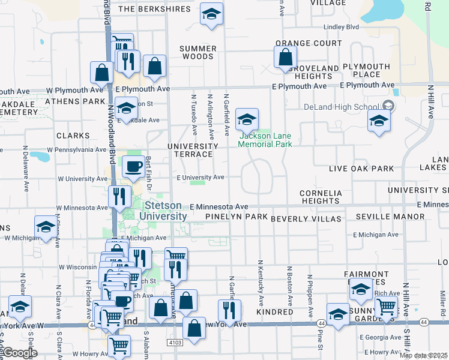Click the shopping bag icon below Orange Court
tap(286, 58)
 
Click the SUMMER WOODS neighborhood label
tap(197, 53)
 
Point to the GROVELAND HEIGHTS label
tap(313, 72)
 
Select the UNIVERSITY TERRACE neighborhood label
tap(193, 150)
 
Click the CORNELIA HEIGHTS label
tap(321, 197)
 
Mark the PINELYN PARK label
tap(236, 216)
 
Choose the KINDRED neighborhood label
tap(274, 312)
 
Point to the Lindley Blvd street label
tap(341, 27)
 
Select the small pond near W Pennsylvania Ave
tap(40, 157)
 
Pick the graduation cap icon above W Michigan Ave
tap(45, 228)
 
